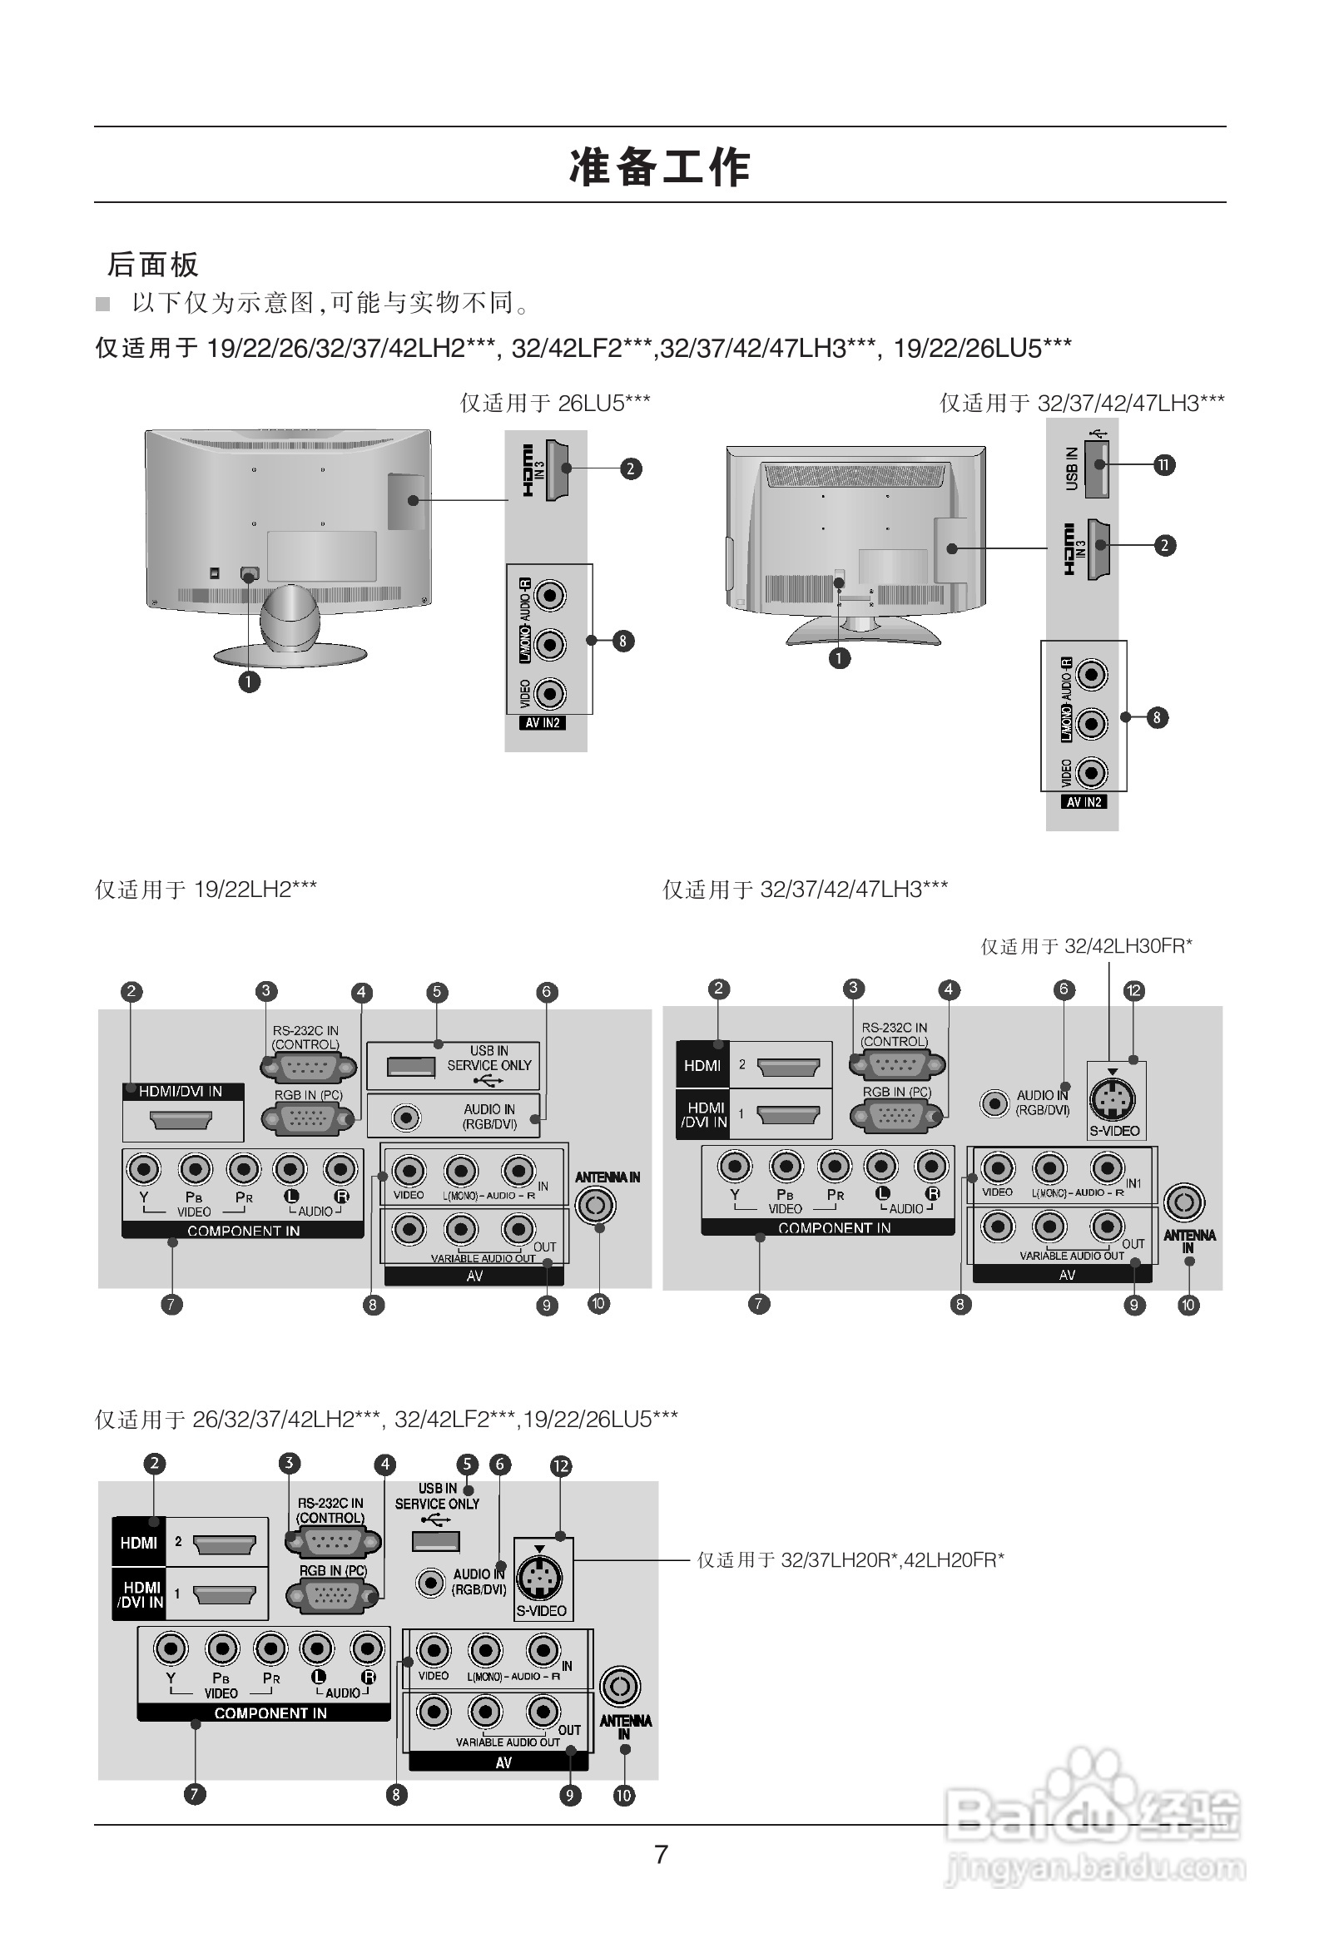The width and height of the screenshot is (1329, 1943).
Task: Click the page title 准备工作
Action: (660, 166)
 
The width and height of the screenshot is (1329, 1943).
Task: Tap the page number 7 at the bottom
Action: (661, 1854)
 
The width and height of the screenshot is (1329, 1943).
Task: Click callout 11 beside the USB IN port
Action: (1163, 465)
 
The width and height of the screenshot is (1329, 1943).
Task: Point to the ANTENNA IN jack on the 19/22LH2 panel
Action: (596, 1205)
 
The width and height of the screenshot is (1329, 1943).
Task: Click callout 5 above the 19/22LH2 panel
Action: (437, 993)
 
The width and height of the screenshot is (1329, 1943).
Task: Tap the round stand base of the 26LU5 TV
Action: (290, 654)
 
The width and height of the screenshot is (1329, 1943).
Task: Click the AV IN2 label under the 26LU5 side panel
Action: (543, 723)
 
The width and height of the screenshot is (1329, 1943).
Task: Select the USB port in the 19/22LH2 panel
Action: (410, 1067)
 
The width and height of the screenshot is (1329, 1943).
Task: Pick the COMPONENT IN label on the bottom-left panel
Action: (270, 1713)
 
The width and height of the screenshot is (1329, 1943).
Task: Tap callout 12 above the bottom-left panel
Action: (560, 1465)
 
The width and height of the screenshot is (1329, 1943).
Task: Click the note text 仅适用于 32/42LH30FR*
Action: (1086, 946)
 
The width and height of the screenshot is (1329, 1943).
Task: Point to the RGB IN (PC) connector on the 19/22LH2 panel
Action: (308, 1118)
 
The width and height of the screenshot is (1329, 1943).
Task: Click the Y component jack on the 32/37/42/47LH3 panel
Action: (734, 1166)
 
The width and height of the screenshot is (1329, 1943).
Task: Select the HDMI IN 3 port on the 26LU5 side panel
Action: (555, 470)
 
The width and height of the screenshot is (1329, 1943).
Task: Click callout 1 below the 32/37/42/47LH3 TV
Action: (839, 659)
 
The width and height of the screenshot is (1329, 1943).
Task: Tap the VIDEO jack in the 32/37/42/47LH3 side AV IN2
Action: (1092, 772)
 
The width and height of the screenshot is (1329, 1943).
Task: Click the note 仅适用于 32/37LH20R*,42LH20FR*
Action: (850, 1560)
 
